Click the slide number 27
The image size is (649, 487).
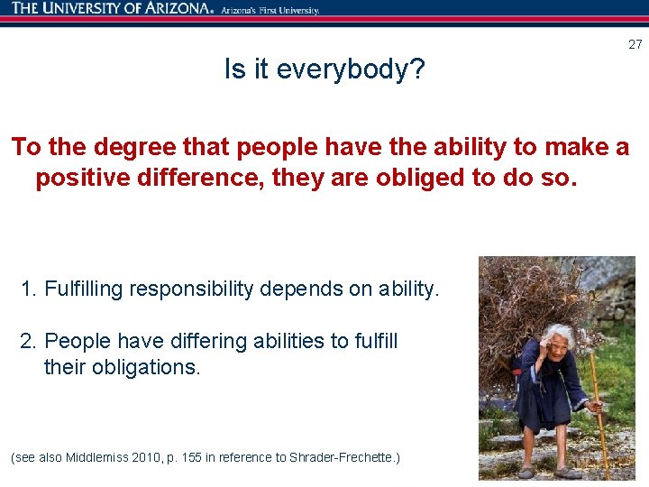click(635, 44)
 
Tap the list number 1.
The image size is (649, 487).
click(28, 289)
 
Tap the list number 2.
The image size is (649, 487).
click(28, 342)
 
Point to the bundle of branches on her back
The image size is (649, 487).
click(523, 298)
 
